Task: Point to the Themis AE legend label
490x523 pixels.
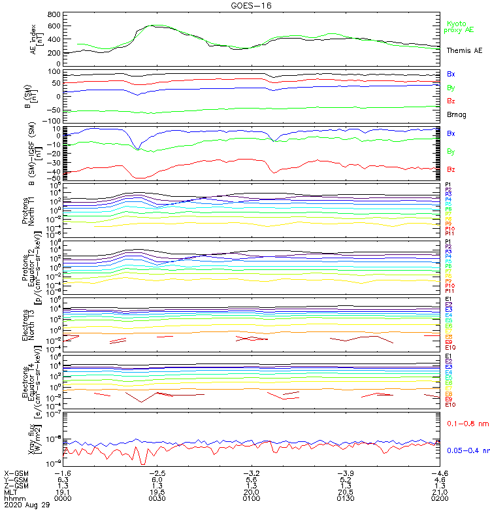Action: (x=464, y=50)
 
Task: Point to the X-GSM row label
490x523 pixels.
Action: (x=16, y=472)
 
